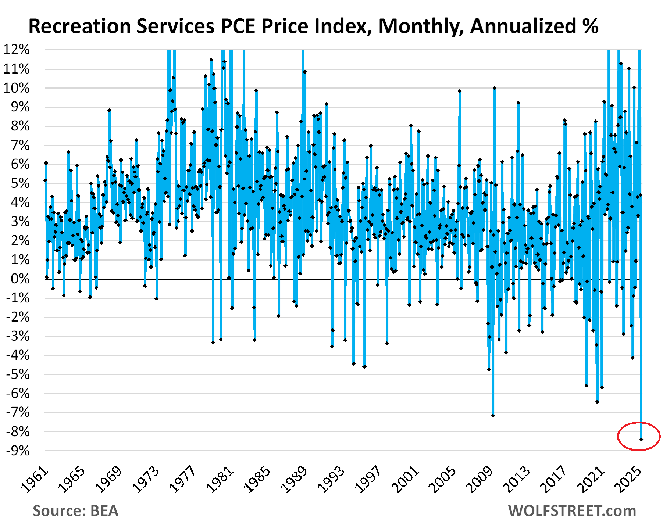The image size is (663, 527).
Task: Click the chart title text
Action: click(313, 26)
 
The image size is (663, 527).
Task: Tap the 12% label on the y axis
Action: click(17, 50)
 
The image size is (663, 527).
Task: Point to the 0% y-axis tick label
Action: click(20, 279)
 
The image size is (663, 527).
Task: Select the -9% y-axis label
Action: click(18, 451)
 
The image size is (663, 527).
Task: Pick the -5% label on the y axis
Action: click(18, 374)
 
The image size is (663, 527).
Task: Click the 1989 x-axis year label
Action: click(295, 480)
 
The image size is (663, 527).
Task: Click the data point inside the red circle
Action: click(641, 439)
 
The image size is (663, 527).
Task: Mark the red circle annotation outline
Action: click(619, 436)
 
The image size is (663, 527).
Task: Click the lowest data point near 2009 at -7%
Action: click(493, 416)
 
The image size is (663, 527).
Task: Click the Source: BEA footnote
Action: click(75, 511)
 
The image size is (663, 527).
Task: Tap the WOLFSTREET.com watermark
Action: click(572, 511)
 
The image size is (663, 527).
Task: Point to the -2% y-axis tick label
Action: click(18, 317)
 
